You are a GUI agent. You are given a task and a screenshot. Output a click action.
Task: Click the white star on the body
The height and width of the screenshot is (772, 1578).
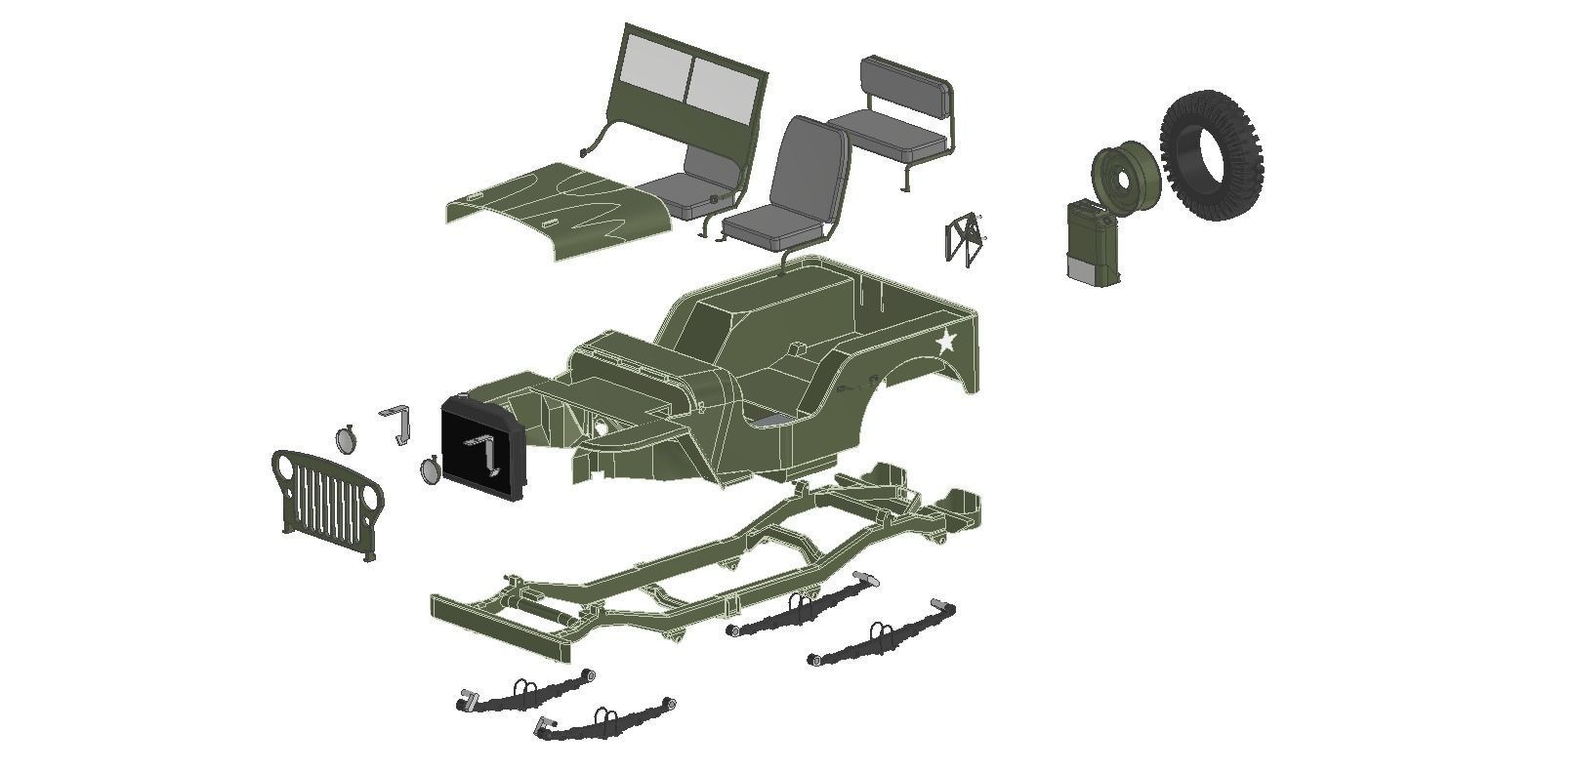point(945,342)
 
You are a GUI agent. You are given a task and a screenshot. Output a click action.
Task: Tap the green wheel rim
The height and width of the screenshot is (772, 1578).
point(1125,178)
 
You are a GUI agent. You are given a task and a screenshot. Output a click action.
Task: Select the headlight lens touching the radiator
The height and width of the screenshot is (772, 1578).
point(429,470)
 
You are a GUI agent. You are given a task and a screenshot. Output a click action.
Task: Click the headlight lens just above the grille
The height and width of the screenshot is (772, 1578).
point(346,440)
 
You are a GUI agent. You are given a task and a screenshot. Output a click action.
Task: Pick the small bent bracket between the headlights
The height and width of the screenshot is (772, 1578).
point(397,422)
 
